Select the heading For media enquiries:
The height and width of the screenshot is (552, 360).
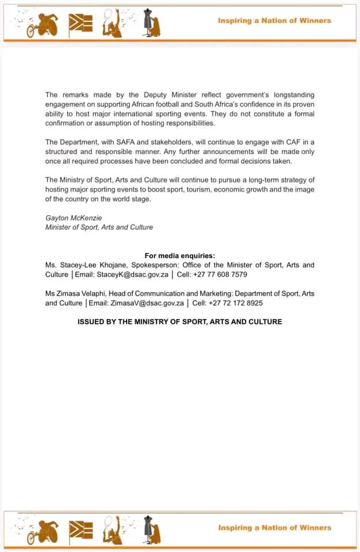coord(180,256)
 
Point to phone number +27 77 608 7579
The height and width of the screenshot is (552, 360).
coord(223,274)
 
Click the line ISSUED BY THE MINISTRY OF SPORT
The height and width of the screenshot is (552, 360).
coord(179,321)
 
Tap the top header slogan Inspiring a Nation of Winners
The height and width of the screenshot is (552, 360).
coord(274,21)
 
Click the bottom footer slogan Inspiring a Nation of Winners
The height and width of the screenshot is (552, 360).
coord(274,527)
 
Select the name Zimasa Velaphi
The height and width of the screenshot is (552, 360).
coord(82,294)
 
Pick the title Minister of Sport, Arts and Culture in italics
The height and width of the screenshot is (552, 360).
coord(99,227)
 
